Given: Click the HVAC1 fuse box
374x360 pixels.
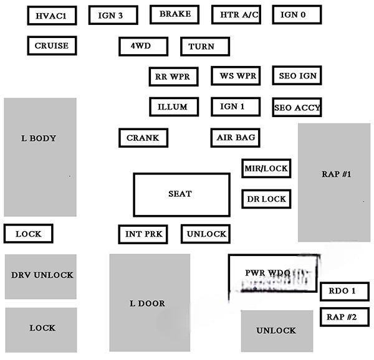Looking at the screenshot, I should (52, 16).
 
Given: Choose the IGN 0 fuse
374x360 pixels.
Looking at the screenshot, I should (297, 15).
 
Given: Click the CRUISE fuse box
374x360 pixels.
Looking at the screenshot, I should (52, 45).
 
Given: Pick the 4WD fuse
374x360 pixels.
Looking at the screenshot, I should (143, 46).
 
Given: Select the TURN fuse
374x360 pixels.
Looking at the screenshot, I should (204, 47).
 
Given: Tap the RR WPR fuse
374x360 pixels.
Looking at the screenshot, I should (174, 77).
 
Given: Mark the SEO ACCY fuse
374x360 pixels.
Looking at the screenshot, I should (297, 107).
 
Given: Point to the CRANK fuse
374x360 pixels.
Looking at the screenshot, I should (143, 138).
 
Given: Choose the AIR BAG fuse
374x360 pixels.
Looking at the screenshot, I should (234, 138).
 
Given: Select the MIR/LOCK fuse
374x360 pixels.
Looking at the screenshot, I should (266, 168).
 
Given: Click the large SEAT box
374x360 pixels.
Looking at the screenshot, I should (180, 194).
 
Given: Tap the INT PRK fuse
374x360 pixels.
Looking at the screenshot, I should (143, 234).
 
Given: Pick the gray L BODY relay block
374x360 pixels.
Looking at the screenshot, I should (40, 157).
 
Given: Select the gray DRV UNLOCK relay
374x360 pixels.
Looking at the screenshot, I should (41, 276).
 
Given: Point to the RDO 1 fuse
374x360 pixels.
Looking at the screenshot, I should (342, 291).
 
